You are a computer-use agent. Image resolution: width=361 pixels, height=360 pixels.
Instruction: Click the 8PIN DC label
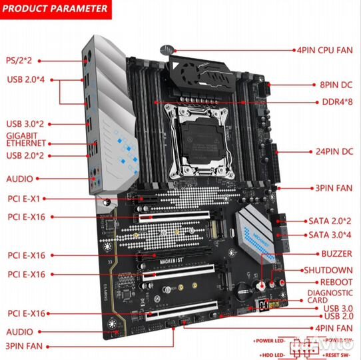[336, 85]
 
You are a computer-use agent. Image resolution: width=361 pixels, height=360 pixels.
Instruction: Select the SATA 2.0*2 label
[330, 221]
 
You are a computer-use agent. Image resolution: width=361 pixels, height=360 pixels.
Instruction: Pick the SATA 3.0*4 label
[330, 235]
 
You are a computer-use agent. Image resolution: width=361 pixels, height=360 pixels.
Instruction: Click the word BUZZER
[336, 254]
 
